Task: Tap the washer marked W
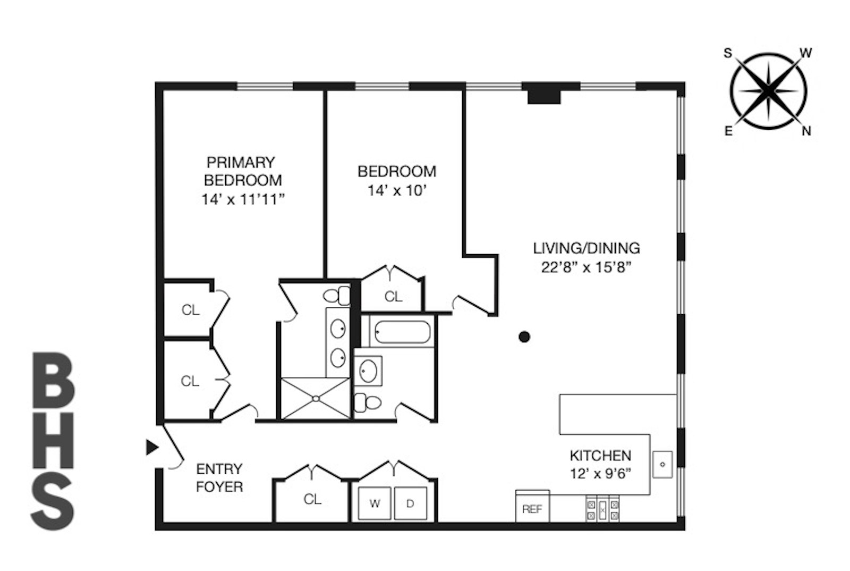point(375,503)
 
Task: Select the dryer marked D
point(410,503)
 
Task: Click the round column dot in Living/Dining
point(524,337)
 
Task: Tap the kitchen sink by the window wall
point(662,464)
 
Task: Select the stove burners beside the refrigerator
point(602,509)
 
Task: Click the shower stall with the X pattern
point(316,398)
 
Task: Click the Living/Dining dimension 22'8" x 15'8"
point(586,267)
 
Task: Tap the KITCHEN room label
point(600,456)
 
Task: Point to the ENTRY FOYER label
point(219,477)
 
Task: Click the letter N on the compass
point(806,131)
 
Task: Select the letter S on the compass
point(728,53)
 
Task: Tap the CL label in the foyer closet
point(312,499)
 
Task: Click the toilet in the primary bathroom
point(337,296)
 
